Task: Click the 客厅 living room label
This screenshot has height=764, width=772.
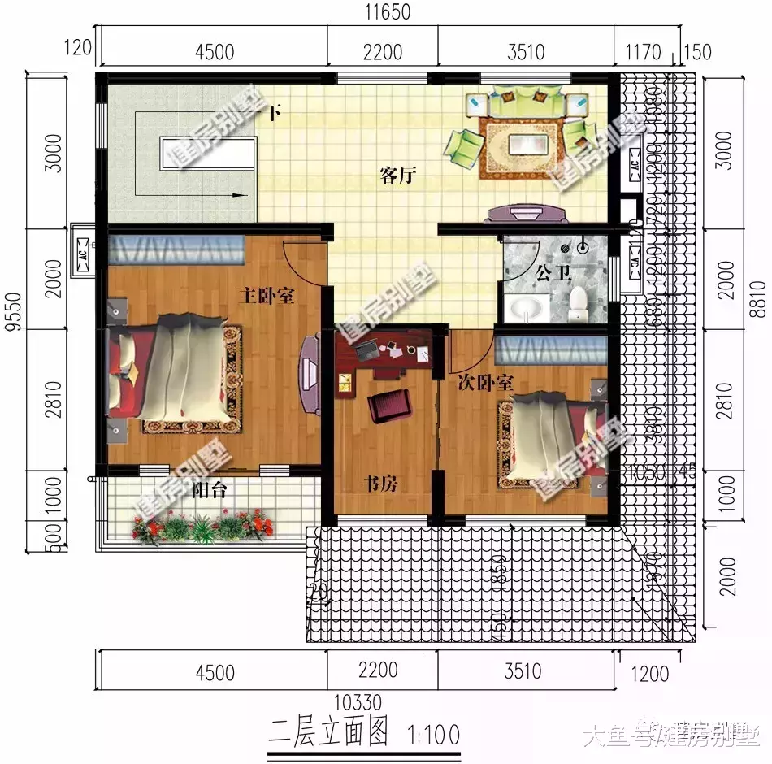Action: pos(398,176)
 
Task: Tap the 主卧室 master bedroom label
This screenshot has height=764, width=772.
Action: pos(266,296)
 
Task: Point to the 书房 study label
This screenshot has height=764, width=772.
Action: pos(379,484)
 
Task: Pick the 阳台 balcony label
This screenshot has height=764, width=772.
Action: pos(209,490)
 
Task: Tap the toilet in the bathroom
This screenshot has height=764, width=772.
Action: pos(579,302)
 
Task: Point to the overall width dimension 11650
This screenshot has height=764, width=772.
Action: pos(388,12)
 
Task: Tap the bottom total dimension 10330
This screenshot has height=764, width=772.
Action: pos(357,701)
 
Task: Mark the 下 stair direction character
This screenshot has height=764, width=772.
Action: pos(274,114)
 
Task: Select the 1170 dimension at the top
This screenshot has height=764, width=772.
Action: pos(644,53)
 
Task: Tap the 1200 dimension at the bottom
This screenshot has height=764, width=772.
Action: pos(648,673)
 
